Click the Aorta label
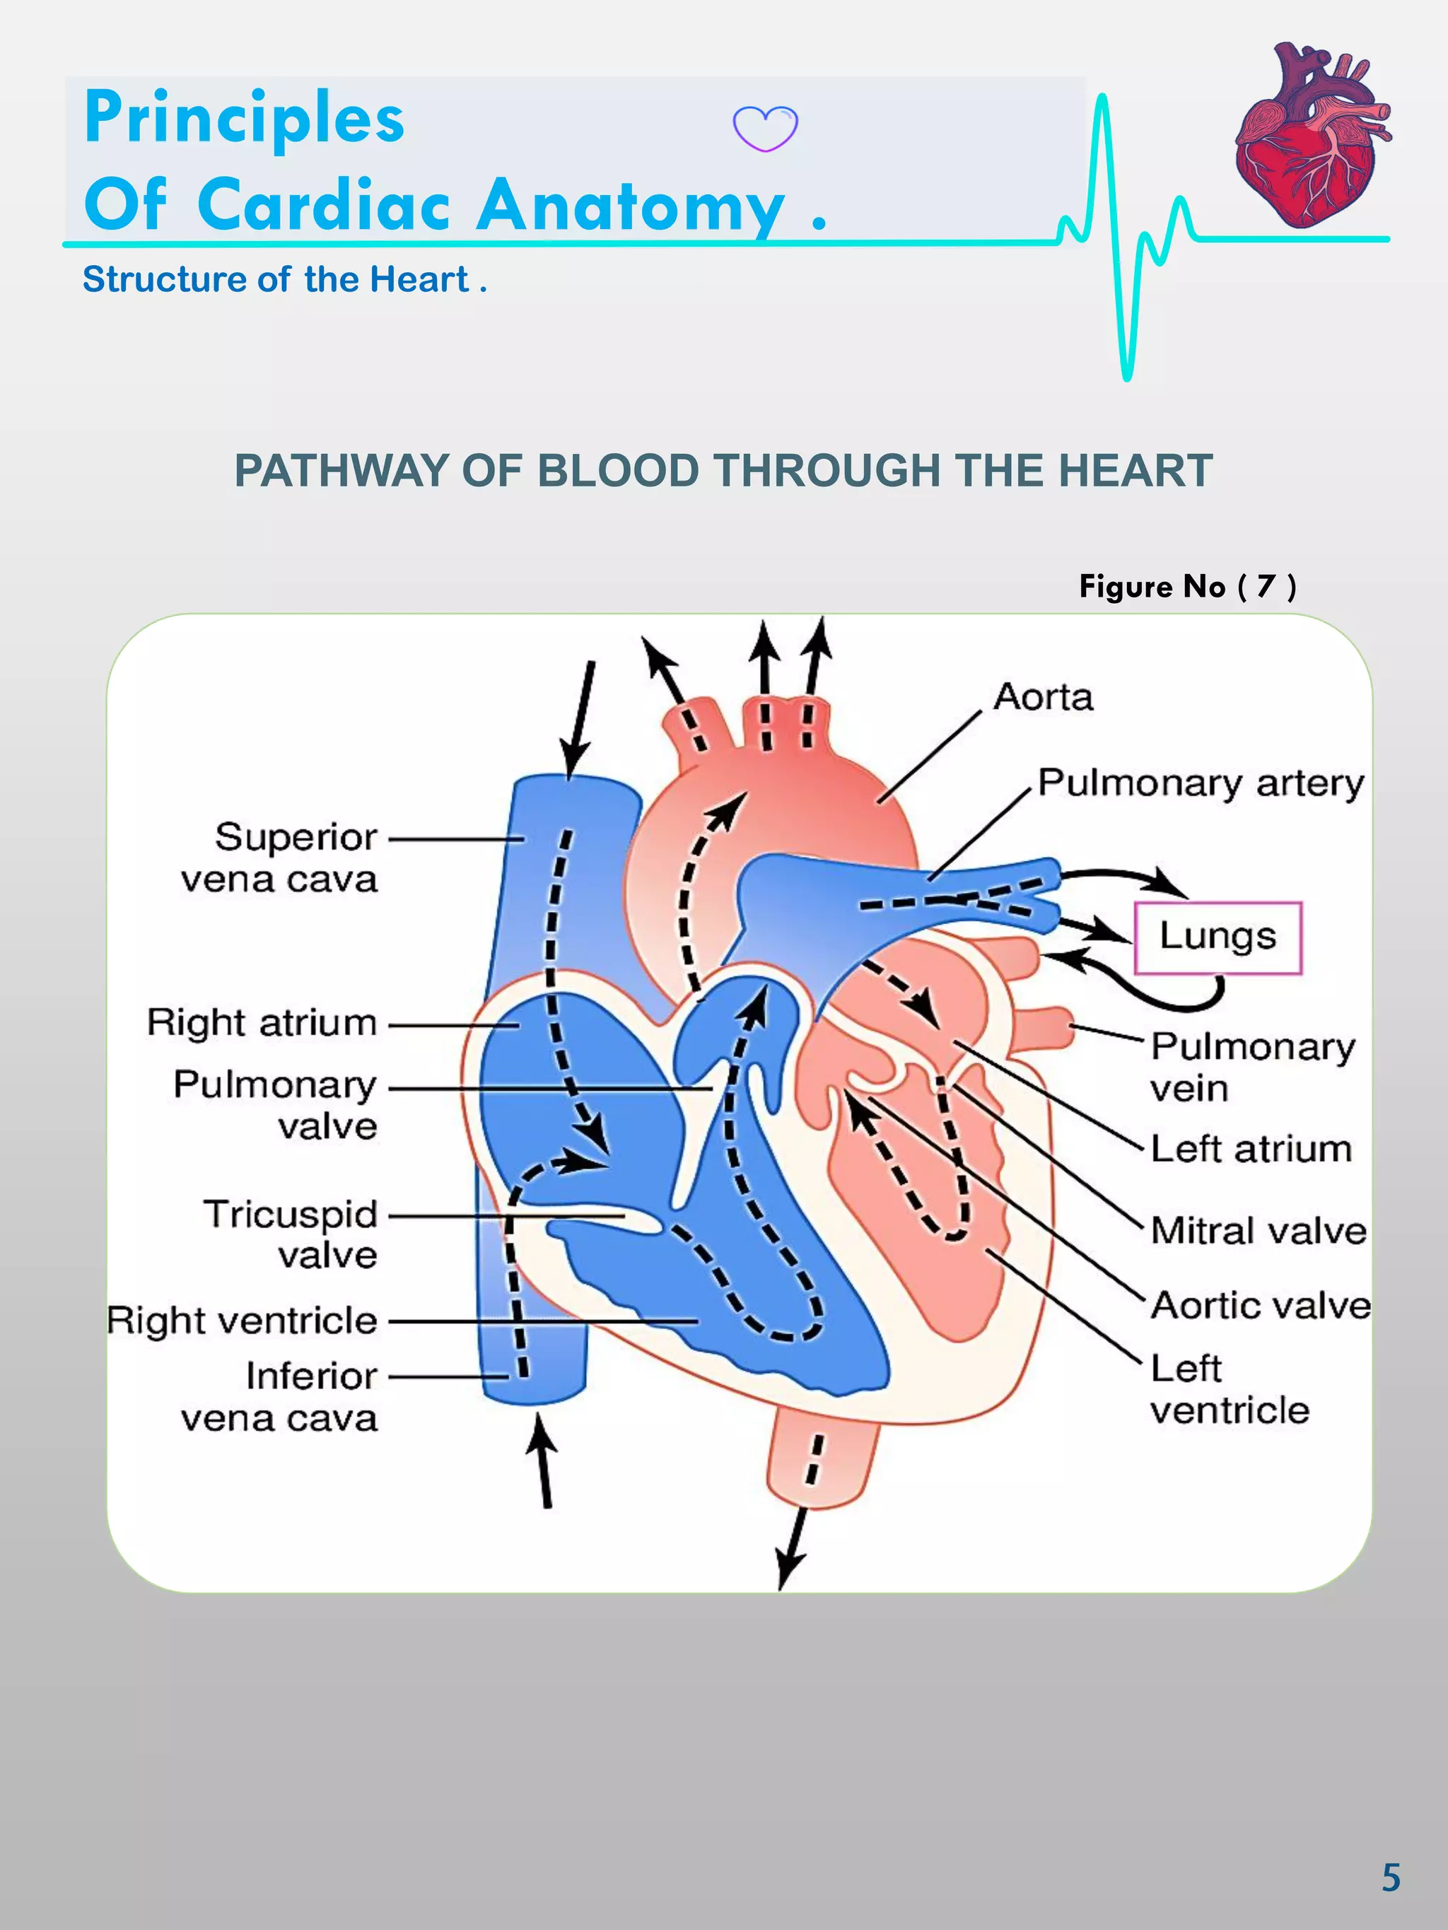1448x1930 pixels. click(x=1043, y=697)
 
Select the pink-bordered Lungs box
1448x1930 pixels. click(x=1218, y=937)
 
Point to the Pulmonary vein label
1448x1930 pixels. click(x=1251, y=1067)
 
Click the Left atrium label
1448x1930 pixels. click(x=1251, y=1148)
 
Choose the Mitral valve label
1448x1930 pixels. click(x=1258, y=1230)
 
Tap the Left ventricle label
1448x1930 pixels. click(x=1229, y=1389)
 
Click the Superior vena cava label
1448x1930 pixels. click(x=279, y=858)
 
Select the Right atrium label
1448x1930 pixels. click(x=262, y=1022)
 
